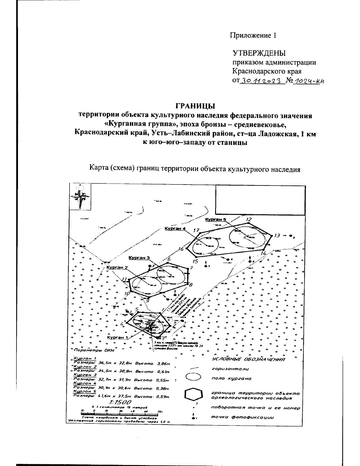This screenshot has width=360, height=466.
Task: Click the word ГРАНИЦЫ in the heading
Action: click(195, 106)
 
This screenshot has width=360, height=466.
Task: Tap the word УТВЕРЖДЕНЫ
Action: click(259, 53)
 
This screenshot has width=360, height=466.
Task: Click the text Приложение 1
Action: click(253, 35)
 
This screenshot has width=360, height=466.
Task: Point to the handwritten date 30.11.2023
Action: click(261, 81)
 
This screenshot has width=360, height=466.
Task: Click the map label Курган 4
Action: click(175, 229)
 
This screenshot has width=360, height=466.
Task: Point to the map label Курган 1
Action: click(117, 337)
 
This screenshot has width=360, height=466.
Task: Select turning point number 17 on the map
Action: click(196, 230)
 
